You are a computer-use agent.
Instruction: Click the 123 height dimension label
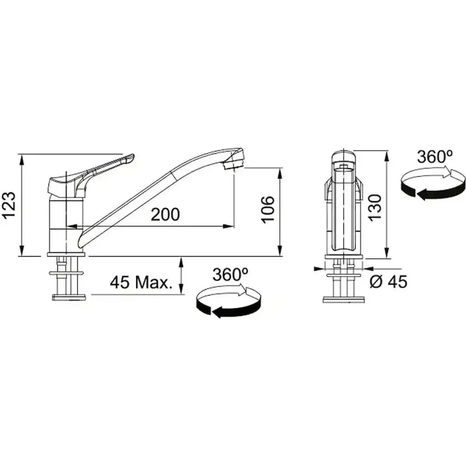coord(9,205)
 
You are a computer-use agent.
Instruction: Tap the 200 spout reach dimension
coord(165,214)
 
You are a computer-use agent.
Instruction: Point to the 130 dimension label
coord(375,207)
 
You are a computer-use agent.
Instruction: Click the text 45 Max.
coord(141,282)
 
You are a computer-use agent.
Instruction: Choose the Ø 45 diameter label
coord(388,281)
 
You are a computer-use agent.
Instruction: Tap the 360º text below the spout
coord(230,274)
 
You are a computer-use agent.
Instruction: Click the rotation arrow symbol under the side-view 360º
coord(228,303)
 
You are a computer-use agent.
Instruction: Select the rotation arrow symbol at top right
coord(433,184)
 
